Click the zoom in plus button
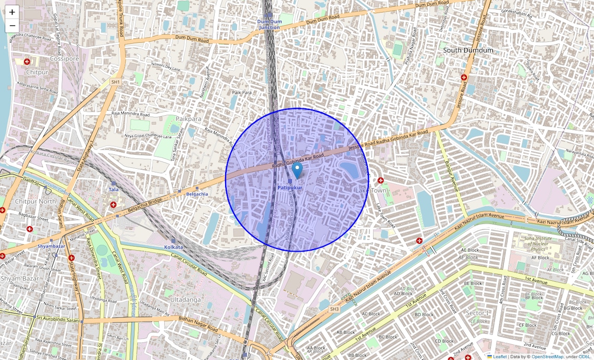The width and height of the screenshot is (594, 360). [12, 12]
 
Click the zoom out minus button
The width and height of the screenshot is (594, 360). [12, 26]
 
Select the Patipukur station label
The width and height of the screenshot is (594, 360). [290, 187]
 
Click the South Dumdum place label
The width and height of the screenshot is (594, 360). [467, 50]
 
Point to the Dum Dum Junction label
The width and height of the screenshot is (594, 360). [269, 24]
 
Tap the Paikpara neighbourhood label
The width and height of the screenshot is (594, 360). [188, 119]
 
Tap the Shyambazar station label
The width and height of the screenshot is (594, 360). [51, 246]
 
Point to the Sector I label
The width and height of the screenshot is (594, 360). [477, 313]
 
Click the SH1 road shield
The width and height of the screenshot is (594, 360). [115, 82]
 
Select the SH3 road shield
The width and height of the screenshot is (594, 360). [334, 309]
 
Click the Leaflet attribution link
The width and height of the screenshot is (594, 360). [499, 356]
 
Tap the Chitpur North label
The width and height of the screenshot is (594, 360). [35, 201]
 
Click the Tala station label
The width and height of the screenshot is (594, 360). [114, 190]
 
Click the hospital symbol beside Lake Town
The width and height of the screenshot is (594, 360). [381, 180]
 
